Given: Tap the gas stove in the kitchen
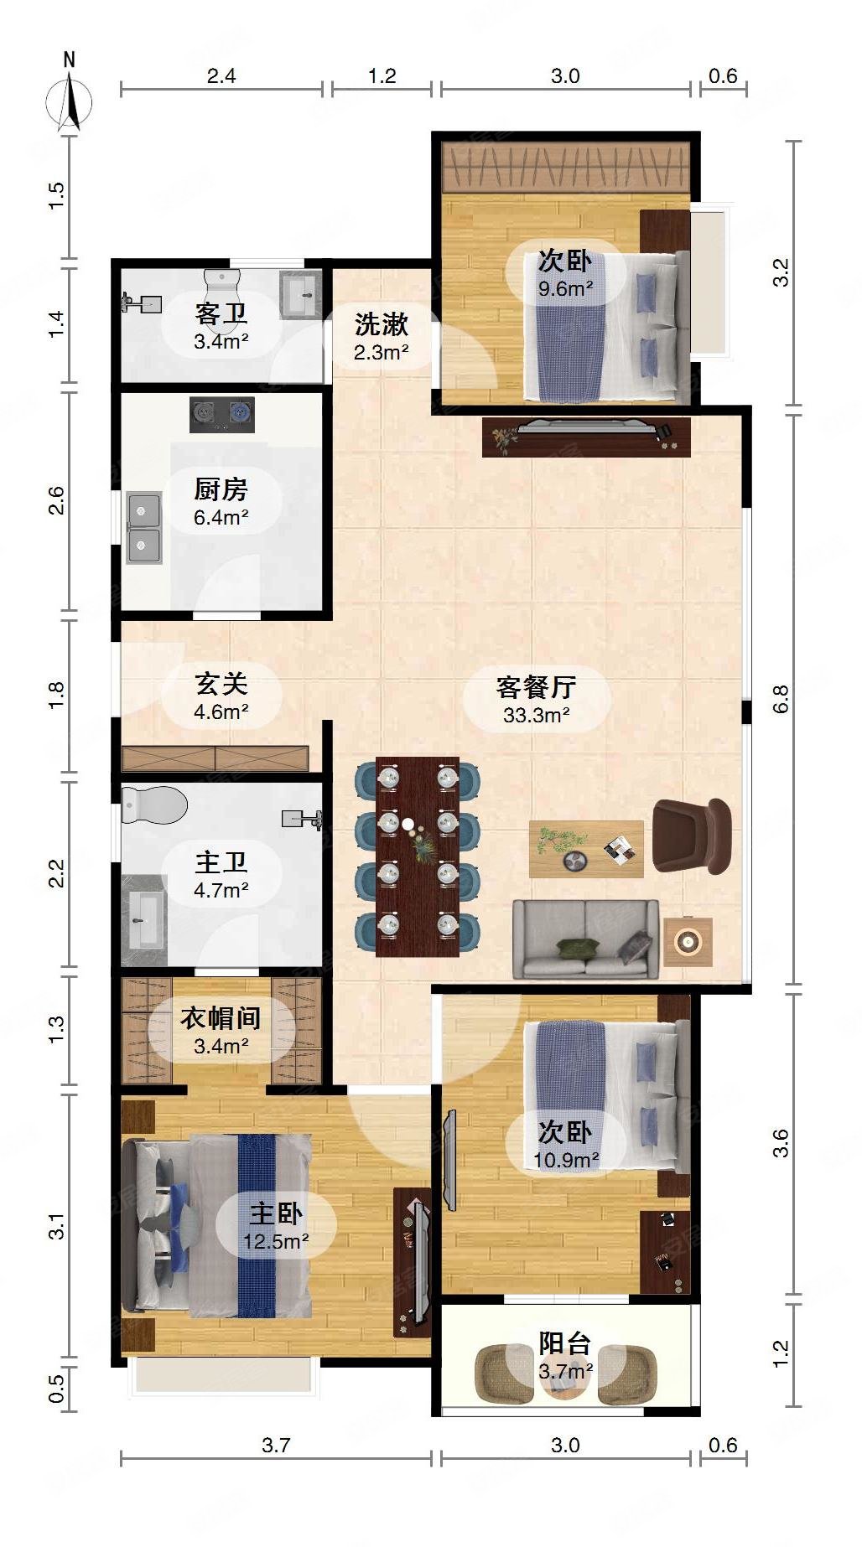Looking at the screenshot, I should point(221,414).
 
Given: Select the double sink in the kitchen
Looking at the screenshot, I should point(143,528).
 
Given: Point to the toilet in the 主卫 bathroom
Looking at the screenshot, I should point(153,805).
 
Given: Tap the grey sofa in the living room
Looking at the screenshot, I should point(585,939).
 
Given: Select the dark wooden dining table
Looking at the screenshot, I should point(417,856).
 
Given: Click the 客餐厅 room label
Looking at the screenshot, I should point(536,687).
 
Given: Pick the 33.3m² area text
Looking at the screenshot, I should point(536,716).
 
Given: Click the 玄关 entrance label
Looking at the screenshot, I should point(221,684).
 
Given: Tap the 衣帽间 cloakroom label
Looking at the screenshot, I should point(221,1018).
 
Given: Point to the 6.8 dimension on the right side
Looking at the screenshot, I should point(781,698).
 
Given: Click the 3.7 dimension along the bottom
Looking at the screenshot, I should point(276,1445).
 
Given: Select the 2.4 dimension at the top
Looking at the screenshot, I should point(221,76).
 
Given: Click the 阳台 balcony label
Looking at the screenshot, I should point(565,1343).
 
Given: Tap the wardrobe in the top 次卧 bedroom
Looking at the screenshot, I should point(566,166).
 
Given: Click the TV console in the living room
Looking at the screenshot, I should point(585,437).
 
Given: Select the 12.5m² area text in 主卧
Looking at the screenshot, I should point(276,1241).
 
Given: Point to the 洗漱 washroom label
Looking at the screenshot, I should point(381,323).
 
